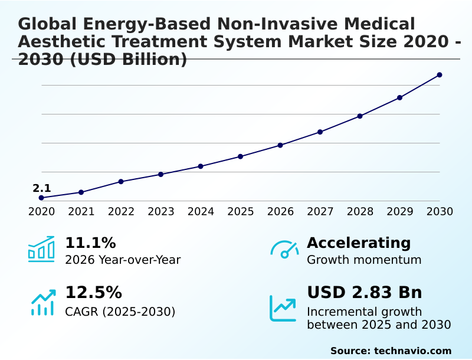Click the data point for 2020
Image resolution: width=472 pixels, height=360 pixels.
click(x=41, y=198)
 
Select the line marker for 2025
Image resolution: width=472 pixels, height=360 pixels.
click(x=241, y=156)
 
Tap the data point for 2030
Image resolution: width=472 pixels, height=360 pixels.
click(x=440, y=75)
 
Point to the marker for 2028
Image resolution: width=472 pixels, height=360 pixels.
click(x=360, y=116)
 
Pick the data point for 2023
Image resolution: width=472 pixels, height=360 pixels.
click(x=161, y=174)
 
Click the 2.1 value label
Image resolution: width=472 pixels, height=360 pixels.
click(x=41, y=188)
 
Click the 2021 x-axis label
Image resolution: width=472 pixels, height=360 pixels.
click(x=81, y=211)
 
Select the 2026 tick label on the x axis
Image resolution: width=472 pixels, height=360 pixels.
click(x=280, y=211)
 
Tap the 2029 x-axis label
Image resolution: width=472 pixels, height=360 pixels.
click(x=400, y=211)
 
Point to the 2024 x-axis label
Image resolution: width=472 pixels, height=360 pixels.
click(x=201, y=211)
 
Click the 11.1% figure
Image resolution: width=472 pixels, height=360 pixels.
click(x=90, y=243)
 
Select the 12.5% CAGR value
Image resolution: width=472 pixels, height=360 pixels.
click(x=93, y=293)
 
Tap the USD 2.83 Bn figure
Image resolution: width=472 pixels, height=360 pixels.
click(x=365, y=293)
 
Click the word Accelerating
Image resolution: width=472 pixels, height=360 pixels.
click(x=359, y=243)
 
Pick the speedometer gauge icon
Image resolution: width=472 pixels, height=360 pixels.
click(x=284, y=250)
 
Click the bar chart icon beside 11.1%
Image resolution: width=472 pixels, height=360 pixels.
click(x=41, y=250)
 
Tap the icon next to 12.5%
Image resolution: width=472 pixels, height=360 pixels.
click(x=42, y=303)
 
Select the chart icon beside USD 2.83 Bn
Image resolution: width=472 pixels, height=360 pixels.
click(x=283, y=307)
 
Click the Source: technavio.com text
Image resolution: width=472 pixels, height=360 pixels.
click(x=391, y=351)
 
